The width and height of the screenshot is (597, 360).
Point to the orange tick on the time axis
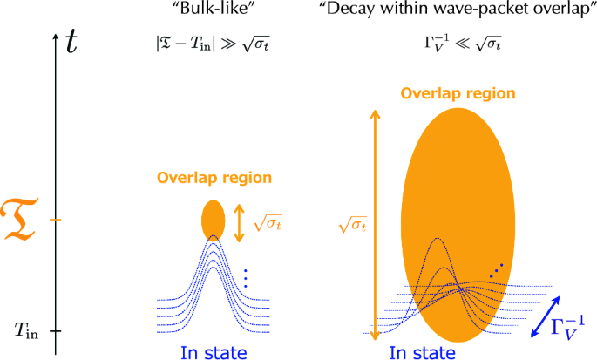coord(57,220)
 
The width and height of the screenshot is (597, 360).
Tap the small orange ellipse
coord(213,221)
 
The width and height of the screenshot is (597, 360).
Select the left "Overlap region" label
coord(214,178)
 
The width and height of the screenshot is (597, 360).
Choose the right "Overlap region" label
coord(458,93)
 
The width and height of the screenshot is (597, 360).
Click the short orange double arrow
coord(239,222)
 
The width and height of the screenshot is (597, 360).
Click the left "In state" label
coord(212,351)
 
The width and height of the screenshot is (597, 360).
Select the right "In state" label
coord(422,351)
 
